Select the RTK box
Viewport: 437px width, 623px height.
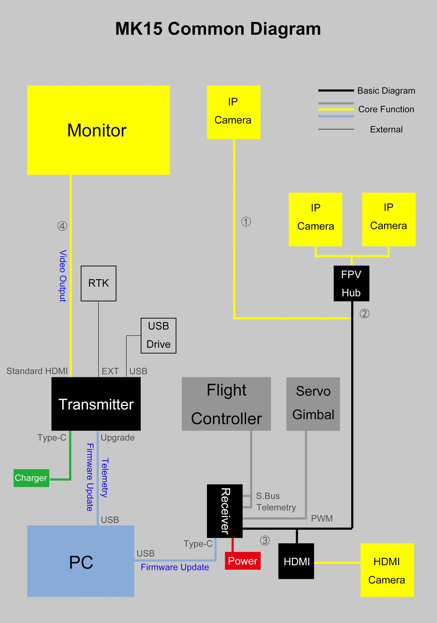(98, 283)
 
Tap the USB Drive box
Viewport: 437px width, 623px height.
(159, 335)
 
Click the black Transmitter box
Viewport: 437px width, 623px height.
(96, 404)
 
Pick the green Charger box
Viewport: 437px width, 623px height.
(31, 478)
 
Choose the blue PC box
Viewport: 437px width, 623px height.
(81, 561)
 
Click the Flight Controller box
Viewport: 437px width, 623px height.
(226, 404)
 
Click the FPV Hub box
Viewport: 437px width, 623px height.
(351, 283)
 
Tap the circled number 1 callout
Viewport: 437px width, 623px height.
(246, 222)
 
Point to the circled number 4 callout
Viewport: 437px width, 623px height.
(62, 226)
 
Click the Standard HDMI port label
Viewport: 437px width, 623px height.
(37, 371)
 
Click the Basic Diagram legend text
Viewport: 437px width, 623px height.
(386, 91)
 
